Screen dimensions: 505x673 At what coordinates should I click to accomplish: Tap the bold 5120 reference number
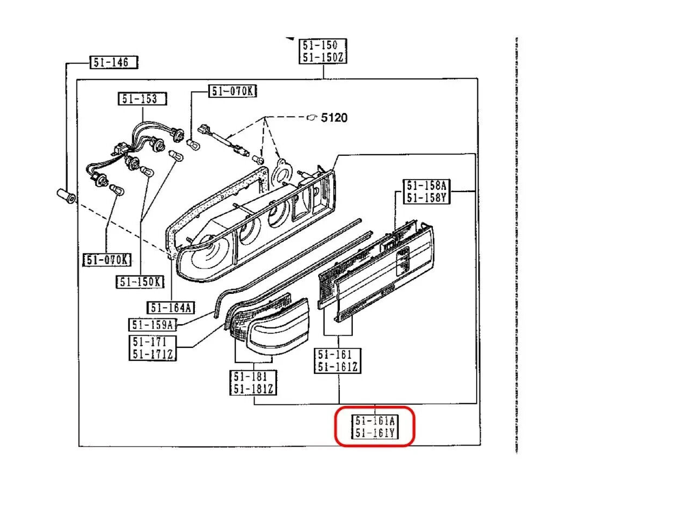[334, 117]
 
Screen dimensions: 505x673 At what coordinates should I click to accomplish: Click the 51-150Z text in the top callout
[323, 57]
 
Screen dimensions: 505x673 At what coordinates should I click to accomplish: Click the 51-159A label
[152, 325]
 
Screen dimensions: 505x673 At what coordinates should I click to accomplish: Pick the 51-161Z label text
[338, 366]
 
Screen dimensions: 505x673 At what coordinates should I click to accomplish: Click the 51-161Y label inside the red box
[375, 433]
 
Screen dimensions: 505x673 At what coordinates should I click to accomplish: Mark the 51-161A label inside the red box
[375, 421]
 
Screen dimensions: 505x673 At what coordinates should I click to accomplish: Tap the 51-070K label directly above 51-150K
[107, 260]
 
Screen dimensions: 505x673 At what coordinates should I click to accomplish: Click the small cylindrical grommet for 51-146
[66, 196]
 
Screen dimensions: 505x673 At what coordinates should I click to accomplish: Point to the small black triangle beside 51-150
[291, 40]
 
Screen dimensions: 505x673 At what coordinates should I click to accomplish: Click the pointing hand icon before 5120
[312, 117]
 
